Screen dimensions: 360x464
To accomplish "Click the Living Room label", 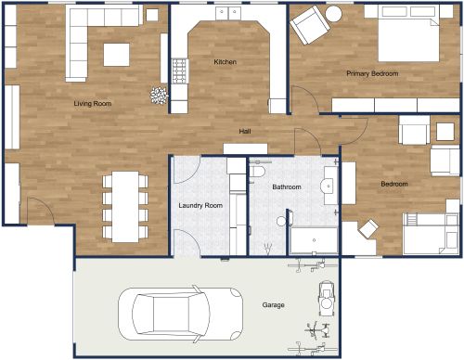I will pyautogui.click(x=93, y=104).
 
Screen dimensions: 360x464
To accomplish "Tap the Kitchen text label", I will pyautogui.click(x=226, y=62).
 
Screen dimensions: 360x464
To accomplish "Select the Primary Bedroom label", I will pyautogui.click(x=372, y=72).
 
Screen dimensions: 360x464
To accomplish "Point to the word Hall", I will pyautogui.click(x=245, y=131).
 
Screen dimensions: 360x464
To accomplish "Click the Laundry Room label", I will pyautogui.click(x=200, y=205).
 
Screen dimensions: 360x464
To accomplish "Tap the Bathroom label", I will pyautogui.click(x=286, y=187).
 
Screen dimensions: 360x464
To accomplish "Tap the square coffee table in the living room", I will pyautogui.click(x=116, y=55).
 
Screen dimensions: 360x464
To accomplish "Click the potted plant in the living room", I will pyautogui.click(x=159, y=94).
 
